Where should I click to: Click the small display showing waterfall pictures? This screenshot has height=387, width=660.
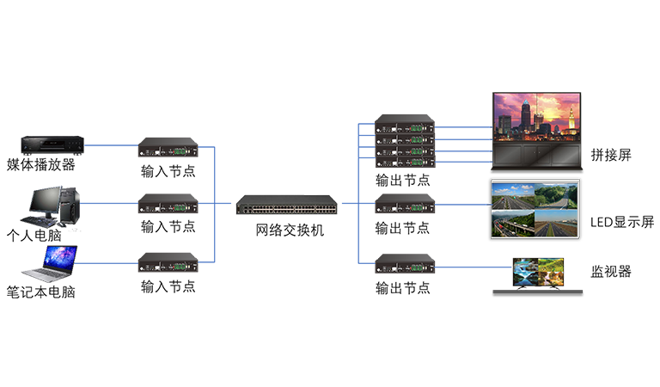[x=536, y=267]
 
